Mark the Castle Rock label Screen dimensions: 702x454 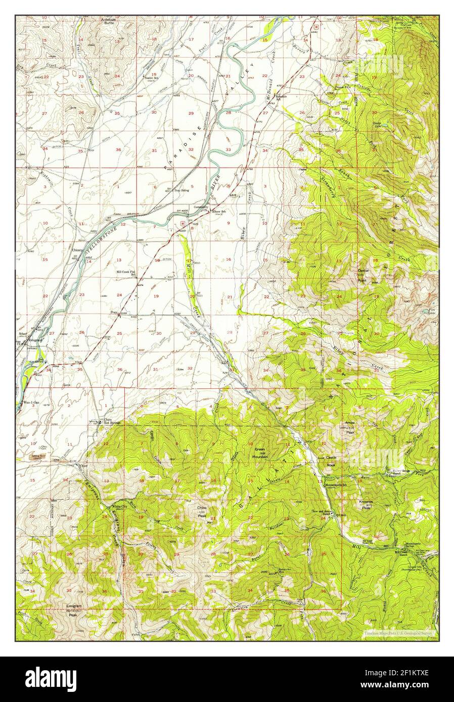[331, 461]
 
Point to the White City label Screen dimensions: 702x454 [120, 506]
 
